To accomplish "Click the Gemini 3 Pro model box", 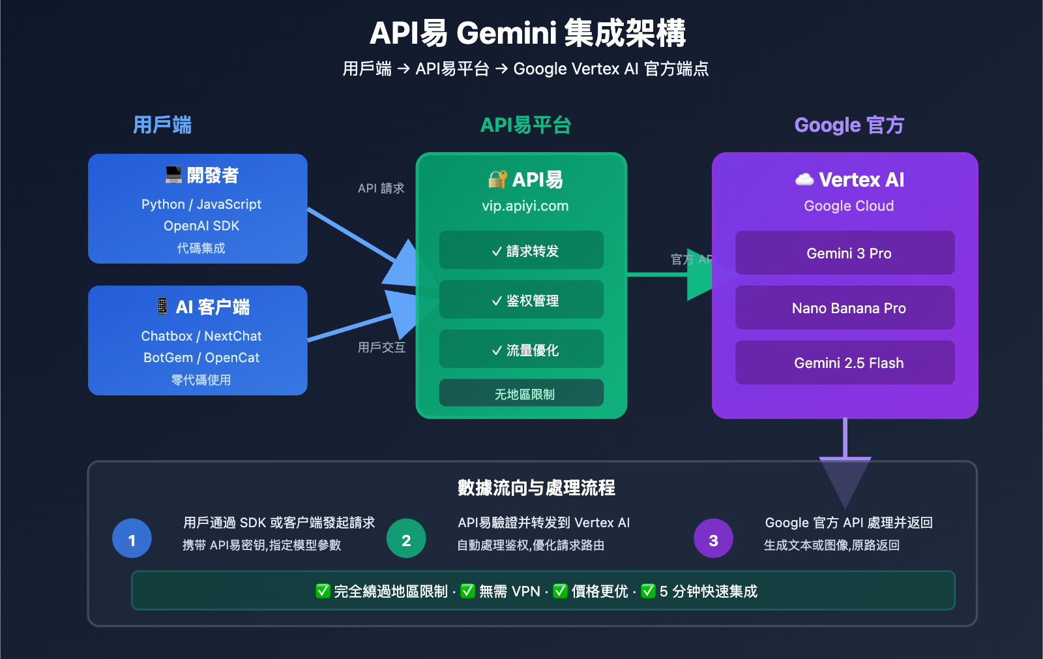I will [845, 253].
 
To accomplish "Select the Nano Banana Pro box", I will [845, 308].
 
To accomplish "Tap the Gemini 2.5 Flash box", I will [845, 363].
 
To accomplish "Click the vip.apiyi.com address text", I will [525, 206].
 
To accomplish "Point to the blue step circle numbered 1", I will [132, 539].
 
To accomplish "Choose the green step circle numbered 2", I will [406, 539].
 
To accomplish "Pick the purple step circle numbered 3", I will [713, 539].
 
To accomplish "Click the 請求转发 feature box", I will [521, 251].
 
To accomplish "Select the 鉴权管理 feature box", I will [521, 300].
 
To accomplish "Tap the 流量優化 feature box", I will [521, 350].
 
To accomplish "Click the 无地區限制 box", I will [521, 393].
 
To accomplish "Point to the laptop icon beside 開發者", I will [173, 175].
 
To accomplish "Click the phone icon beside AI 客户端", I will [162, 306].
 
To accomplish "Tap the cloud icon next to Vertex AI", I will [804, 179].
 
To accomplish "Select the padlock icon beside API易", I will [497, 179].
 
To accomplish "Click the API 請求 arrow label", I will [381, 189].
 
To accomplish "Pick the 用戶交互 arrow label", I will [381, 348].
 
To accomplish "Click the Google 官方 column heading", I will [849, 125].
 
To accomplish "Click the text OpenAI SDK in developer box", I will [201, 226].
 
